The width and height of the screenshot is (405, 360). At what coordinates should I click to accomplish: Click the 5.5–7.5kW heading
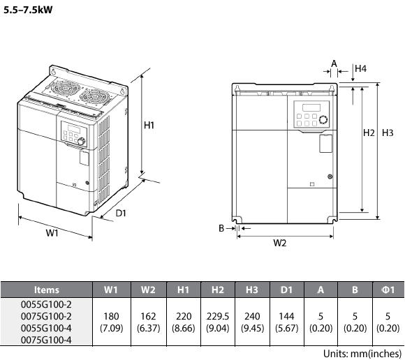click(28, 10)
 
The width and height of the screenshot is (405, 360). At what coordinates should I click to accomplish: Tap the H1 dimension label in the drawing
click(149, 125)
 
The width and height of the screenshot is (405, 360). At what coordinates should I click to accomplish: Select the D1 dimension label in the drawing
click(121, 213)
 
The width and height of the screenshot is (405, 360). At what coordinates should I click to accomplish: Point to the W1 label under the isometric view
click(52, 233)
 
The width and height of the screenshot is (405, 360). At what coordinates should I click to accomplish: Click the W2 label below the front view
click(280, 243)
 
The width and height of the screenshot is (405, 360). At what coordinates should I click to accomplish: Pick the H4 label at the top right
click(360, 68)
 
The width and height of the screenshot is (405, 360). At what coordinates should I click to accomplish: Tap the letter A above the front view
click(334, 63)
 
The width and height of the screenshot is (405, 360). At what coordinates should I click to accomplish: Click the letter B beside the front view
click(221, 228)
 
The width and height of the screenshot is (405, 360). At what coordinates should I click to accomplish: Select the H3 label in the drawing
click(388, 133)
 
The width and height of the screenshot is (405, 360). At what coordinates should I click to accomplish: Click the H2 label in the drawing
click(369, 133)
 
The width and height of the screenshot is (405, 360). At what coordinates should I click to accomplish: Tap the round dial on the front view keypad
click(323, 119)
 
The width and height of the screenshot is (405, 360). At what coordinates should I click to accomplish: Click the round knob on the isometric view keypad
click(81, 141)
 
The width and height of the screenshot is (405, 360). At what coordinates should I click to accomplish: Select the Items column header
click(47, 290)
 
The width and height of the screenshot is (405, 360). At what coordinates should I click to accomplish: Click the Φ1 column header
click(388, 290)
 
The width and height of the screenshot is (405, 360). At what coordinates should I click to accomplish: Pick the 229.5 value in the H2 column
click(218, 316)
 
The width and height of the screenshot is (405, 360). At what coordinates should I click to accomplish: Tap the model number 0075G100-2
click(46, 316)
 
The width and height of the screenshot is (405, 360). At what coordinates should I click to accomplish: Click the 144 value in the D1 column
click(286, 316)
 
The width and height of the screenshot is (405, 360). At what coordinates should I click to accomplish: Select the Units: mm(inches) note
click(362, 353)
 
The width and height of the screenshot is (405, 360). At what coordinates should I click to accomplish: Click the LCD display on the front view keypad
click(311, 107)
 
